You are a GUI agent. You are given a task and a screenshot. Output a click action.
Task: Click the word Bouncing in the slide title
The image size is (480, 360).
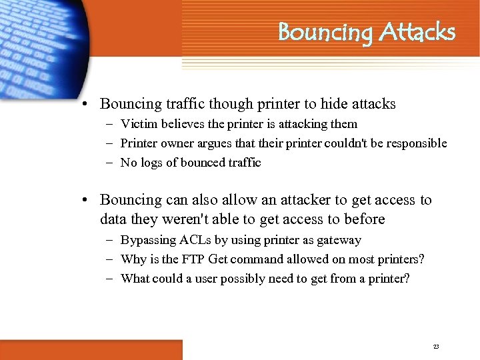click(325, 33)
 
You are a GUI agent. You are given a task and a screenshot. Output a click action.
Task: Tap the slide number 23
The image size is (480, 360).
click(436, 347)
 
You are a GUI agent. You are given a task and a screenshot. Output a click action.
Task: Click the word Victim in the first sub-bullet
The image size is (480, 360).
click(137, 124)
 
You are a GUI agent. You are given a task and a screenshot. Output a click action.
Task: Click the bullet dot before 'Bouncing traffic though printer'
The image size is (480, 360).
click(87, 105)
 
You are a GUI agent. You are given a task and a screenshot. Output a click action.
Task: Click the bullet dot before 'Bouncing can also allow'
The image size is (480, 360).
click(87, 201)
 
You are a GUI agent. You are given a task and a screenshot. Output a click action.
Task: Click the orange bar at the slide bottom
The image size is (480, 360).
click(91, 349)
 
